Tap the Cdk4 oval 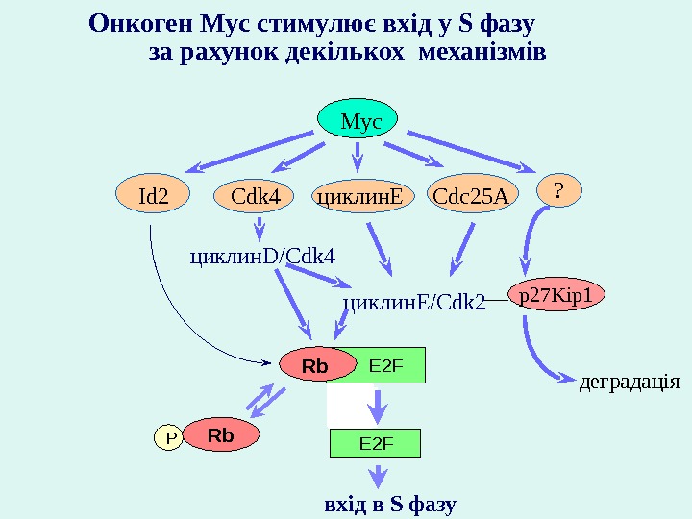pyautogui.click(x=255, y=196)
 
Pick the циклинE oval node pyautogui.click(x=358, y=196)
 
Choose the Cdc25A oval pyautogui.click(x=470, y=196)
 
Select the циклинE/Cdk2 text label pyautogui.click(x=413, y=303)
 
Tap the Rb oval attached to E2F pyautogui.click(x=316, y=366)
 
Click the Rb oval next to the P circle pyautogui.click(x=221, y=435)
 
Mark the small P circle pyautogui.click(x=171, y=439)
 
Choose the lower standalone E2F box pyautogui.click(x=377, y=443)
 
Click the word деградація pyautogui.click(x=630, y=382)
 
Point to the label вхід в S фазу pyautogui.click(x=390, y=504)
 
